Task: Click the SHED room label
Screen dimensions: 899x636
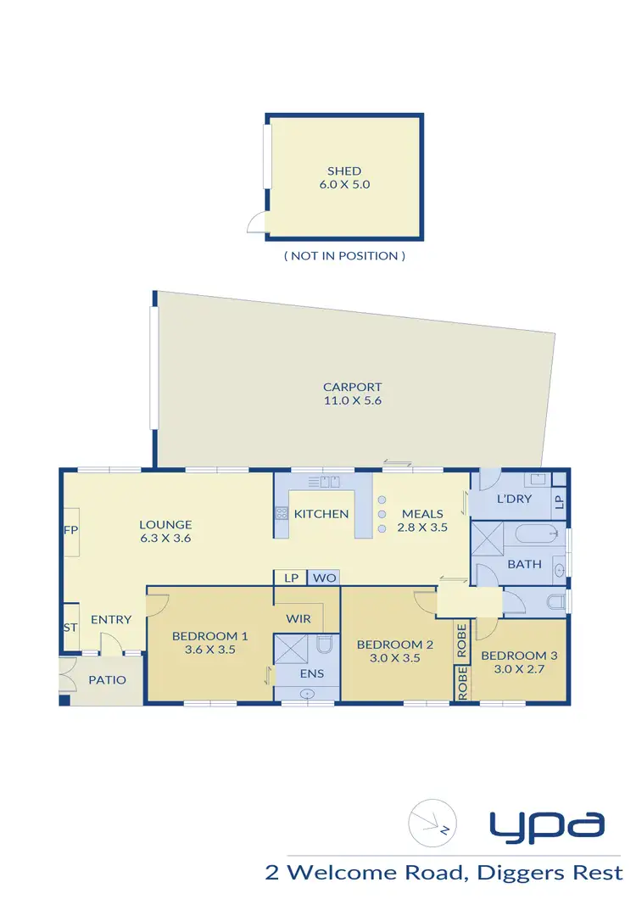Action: (343, 170)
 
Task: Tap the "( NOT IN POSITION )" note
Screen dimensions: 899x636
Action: (344, 255)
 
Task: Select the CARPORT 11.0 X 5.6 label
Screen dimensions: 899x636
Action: (353, 394)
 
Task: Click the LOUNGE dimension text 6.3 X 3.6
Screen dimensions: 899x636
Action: (166, 538)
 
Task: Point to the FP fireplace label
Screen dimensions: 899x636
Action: (70, 530)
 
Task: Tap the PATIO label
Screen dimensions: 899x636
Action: (107, 679)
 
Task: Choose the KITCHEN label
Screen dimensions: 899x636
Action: (321, 513)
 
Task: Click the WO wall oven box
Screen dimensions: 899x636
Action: (323, 578)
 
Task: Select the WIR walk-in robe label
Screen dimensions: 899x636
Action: (298, 618)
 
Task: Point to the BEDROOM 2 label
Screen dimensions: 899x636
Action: (394, 645)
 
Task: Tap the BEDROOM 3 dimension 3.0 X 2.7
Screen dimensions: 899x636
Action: (512, 668)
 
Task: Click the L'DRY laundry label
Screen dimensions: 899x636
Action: (514, 498)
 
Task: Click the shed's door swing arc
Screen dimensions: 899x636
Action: (255, 223)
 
